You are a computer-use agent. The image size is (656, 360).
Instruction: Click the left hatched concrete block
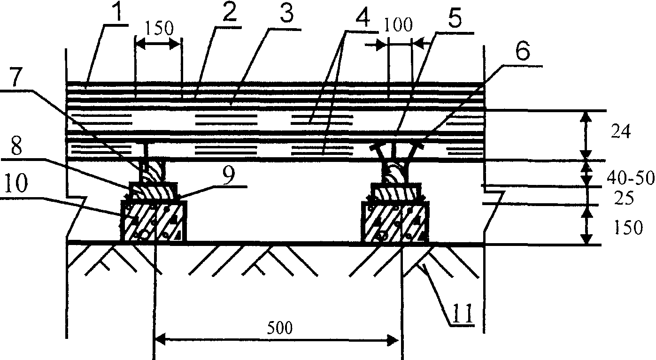coord(154,222)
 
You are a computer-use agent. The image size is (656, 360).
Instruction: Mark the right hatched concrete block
coord(394,222)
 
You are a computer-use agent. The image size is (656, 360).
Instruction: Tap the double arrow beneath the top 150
coord(158,45)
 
